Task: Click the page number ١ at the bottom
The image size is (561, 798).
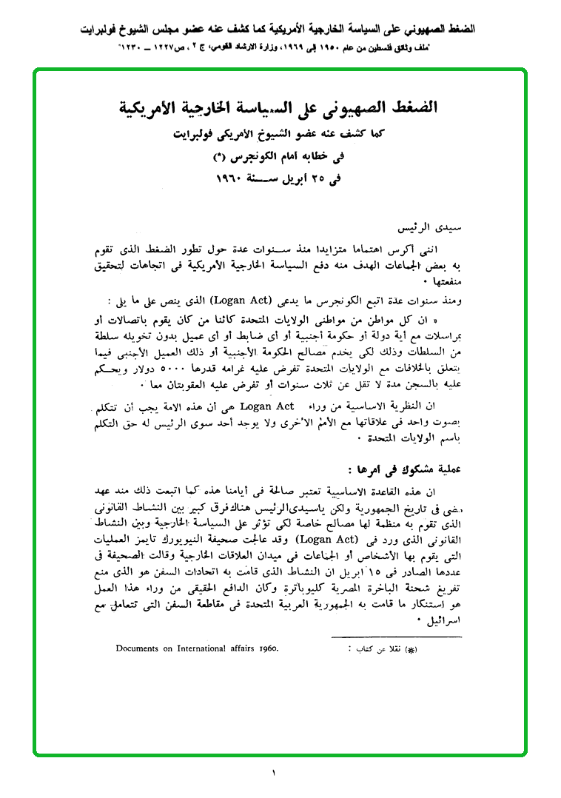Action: pyautogui.click(x=272, y=773)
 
